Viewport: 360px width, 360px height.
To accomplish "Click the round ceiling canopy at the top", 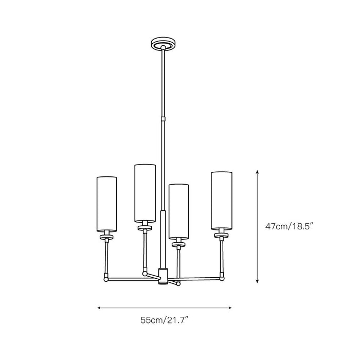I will pyautogui.click(x=163, y=43).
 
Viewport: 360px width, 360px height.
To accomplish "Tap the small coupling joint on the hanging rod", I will pyautogui.click(x=163, y=119).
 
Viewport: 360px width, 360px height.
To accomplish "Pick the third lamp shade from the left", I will pyautogui.click(x=179, y=207).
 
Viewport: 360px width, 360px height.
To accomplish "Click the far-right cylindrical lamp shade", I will pyautogui.click(x=221, y=200).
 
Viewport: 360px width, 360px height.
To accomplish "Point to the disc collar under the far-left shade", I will pyautogui.click(x=107, y=238).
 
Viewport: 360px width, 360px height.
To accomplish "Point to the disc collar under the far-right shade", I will pyautogui.click(x=221, y=235).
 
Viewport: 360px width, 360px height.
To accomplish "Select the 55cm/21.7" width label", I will pyautogui.click(x=165, y=320).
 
